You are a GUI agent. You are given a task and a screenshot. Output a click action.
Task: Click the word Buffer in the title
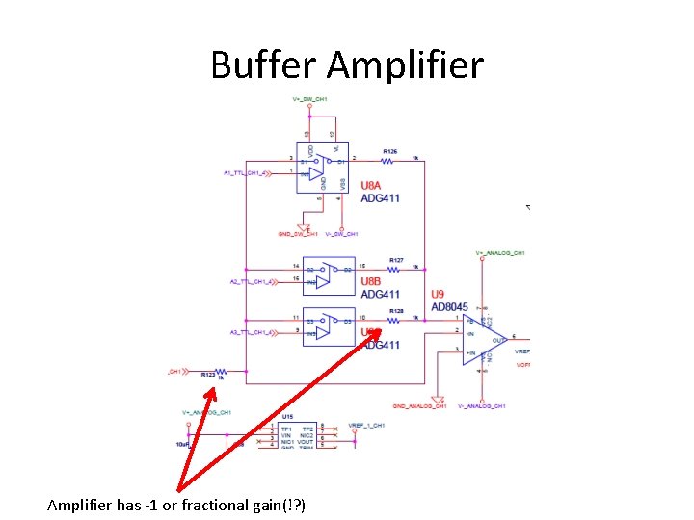click(263, 65)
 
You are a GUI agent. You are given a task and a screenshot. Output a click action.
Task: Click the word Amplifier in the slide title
click(405, 65)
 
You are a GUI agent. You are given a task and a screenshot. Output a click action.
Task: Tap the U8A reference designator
click(372, 185)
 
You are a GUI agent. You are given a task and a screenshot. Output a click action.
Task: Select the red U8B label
click(372, 282)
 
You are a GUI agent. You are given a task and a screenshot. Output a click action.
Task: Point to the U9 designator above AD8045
click(438, 294)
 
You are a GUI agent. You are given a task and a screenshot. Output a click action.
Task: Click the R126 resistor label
click(390, 151)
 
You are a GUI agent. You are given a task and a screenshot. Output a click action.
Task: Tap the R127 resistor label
click(396, 260)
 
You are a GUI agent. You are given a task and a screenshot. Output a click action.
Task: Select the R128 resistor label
click(396, 311)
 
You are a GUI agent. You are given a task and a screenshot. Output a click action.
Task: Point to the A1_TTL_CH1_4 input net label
click(249, 173)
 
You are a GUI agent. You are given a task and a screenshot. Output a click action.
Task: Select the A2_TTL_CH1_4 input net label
click(252, 281)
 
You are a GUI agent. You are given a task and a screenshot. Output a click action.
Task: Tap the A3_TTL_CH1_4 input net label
click(252, 332)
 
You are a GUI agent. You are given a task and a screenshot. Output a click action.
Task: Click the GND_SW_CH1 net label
click(298, 234)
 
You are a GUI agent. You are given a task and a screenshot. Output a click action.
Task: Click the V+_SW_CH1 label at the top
click(310, 100)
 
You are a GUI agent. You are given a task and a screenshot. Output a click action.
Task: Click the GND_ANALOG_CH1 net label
click(420, 406)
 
